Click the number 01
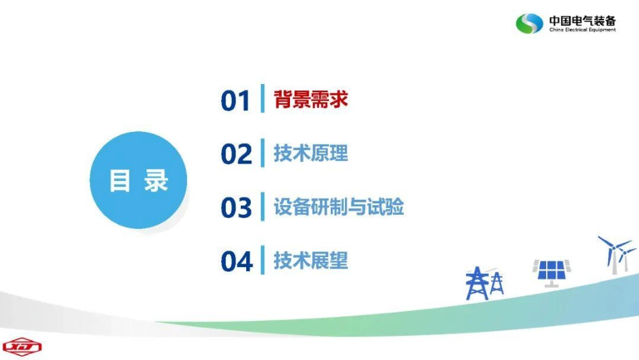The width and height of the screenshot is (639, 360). pyautogui.click(x=235, y=102)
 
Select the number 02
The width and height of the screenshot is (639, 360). pyautogui.click(x=236, y=155)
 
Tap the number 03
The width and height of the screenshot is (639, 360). pyautogui.click(x=236, y=208)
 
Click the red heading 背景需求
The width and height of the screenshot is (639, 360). pyautogui.click(x=311, y=100)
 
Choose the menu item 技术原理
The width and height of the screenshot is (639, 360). pyautogui.click(x=311, y=153)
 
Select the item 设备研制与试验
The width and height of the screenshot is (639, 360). pyautogui.click(x=338, y=207)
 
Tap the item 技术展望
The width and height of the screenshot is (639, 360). pyautogui.click(x=311, y=260)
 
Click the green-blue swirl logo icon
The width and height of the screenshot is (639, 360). pyautogui.click(x=529, y=24)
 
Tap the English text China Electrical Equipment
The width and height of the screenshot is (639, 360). pyautogui.click(x=582, y=30)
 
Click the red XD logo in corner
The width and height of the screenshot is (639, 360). pyautogui.click(x=22, y=347)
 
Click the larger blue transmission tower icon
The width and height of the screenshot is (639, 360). pyautogui.click(x=477, y=283)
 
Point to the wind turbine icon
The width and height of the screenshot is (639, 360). pyautogui.click(x=615, y=253)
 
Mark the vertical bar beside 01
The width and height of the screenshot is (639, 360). pyautogui.click(x=262, y=100)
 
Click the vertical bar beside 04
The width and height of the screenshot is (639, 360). pyautogui.click(x=262, y=260)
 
